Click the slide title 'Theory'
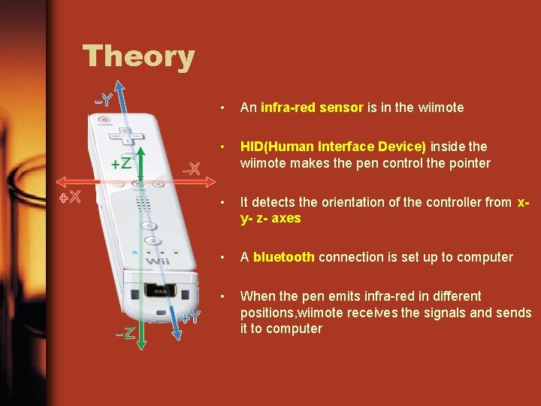point(138,56)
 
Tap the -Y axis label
point(103,99)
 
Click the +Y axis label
point(189,317)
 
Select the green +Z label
point(122,163)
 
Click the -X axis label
point(191,169)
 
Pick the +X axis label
point(71,198)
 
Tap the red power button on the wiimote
point(104,120)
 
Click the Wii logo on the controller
point(159,260)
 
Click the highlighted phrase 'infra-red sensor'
point(312,108)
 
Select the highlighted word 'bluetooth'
point(283,257)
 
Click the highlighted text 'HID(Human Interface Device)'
point(333,147)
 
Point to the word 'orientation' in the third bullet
point(350,203)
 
